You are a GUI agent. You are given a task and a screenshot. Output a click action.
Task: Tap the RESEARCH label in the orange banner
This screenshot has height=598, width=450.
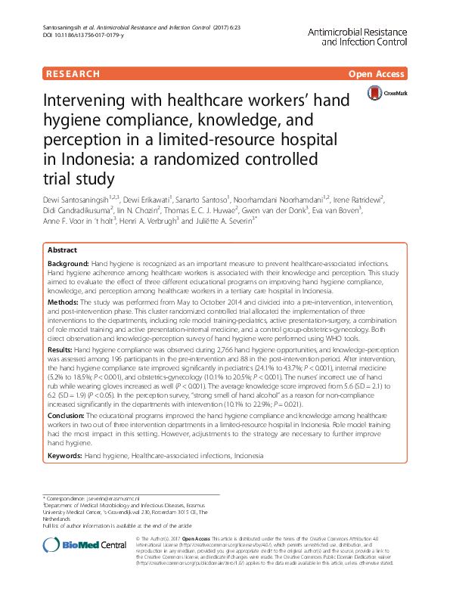coord(73,74)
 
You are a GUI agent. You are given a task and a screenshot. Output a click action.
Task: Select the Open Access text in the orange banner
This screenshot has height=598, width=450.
coord(377,74)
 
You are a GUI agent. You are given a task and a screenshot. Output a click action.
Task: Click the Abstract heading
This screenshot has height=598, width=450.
coord(62,249)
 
